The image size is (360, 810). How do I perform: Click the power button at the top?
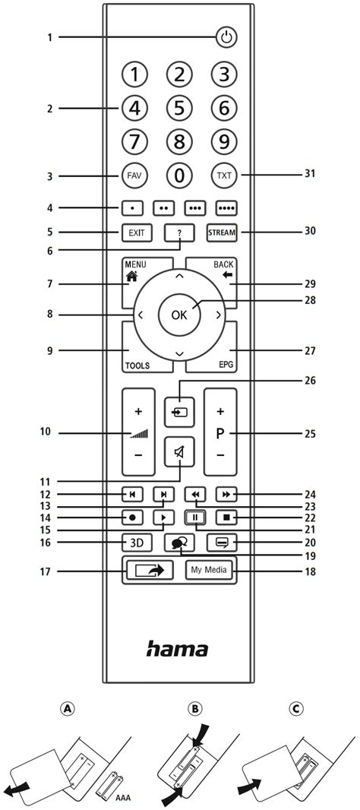[226, 36]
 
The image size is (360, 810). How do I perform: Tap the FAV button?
[134, 176]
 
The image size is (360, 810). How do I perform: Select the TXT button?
[224, 176]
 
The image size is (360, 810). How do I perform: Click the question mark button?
[179, 232]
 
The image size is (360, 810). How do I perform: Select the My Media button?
[210, 570]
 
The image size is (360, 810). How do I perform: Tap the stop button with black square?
[225, 519]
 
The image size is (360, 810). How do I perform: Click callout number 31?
[309, 174]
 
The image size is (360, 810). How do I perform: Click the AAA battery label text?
[122, 799]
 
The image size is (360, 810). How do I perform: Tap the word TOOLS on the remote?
[137, 365]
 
